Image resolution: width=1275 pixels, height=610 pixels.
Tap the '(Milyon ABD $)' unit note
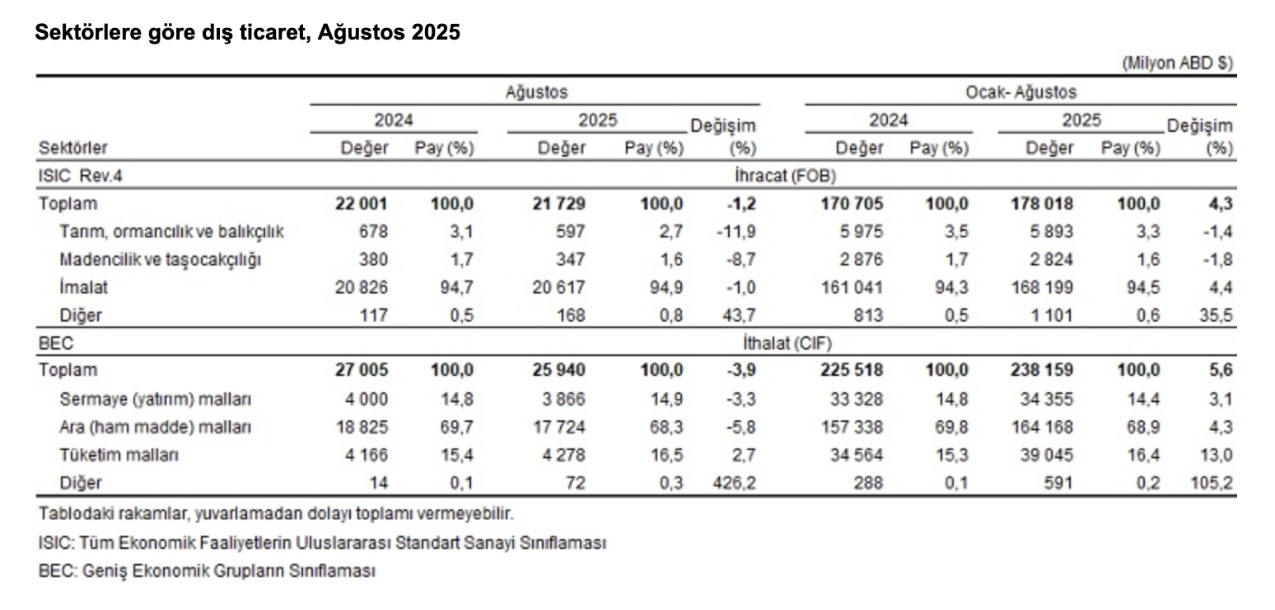click(1178, 63)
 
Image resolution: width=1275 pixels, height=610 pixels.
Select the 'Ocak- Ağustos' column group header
click(1020, 92)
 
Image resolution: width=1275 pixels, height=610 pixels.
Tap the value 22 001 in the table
click(361, 204)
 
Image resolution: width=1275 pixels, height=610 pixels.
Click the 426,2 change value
click(733, 483)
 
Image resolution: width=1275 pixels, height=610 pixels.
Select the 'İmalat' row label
click(83, 288)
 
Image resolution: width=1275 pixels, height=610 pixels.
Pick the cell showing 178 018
click(1042, 204)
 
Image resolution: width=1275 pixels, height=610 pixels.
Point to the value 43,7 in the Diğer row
click(738, 316)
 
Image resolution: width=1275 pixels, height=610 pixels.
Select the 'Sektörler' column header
click(72, 148)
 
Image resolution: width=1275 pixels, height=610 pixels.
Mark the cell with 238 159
click(1042, 371)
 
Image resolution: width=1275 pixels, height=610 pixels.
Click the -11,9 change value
click(736, 232)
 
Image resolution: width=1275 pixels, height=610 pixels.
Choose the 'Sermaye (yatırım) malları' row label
click(156, 399)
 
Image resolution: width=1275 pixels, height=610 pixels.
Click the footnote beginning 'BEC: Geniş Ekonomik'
click(207, 570)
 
